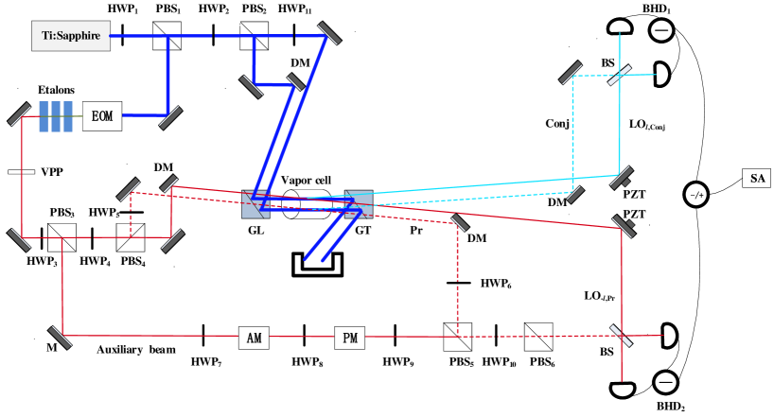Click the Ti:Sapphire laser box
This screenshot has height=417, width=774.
tap(71, 36)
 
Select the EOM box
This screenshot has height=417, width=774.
tap(102, 116)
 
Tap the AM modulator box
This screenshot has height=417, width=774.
tap(254, 338)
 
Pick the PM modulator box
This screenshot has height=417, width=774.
tap(349, 338)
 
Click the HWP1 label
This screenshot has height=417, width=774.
tap(134, 20)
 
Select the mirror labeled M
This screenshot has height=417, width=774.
tap(61, 337)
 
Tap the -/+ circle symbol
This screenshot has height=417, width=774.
tap(696, 195)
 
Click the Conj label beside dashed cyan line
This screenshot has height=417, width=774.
tap(568, 135)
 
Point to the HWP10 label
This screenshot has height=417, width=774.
tap(510, 374)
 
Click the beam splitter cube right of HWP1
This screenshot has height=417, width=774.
tap(167, 36)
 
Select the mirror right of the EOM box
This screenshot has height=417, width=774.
tap(170, 117)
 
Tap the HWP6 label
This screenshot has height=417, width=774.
tap(507, 295)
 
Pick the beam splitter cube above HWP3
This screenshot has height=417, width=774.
tap(62, 237)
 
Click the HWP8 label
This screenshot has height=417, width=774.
tap(318, 374)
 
